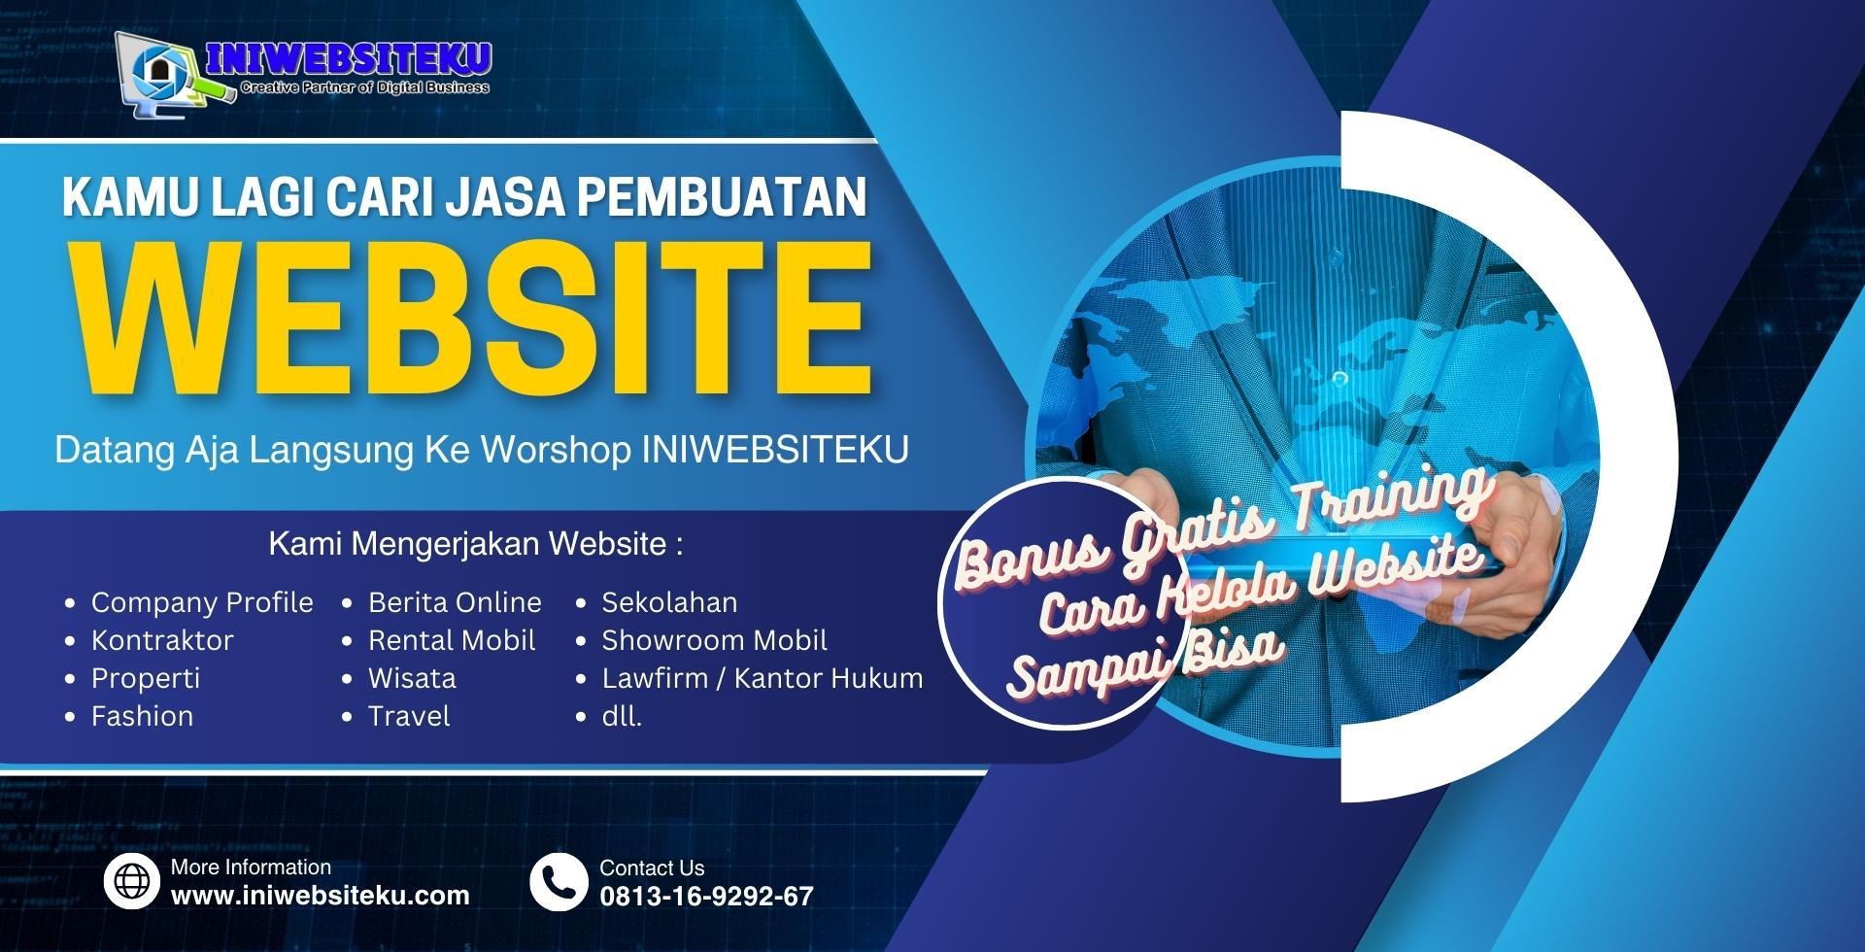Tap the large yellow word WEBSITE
pyautogui.click(x=472, y=321)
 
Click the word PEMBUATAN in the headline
pyautogui.click(x=722, y=196)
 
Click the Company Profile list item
pyautogui.click(x=202, y=603)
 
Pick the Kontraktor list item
pyautogui.click(x=162, y=640)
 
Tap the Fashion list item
pyautogui.click(x=142, y=716)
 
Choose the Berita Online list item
pyautogui.click(x=455, y=602)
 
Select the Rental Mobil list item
pyautogui.click(x=452, y=640)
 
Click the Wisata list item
pyautogui.click(x=412, y=678)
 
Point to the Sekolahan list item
pyautogui.click(x=669, y=602)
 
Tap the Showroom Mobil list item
pyautogui.click(x=714, y=640)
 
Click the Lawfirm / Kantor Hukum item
pyautogui.click(x=763, y=678)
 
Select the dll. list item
pyautogui.click(x=622, y=716)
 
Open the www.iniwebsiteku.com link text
pyautogui.click(x=321, y=896)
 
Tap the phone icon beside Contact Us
pyautogui.click(x=559, y=882)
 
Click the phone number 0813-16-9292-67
pyautogui.click(x=706, y=897)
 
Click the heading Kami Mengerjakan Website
pyautogui.click(x=476, y=544)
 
